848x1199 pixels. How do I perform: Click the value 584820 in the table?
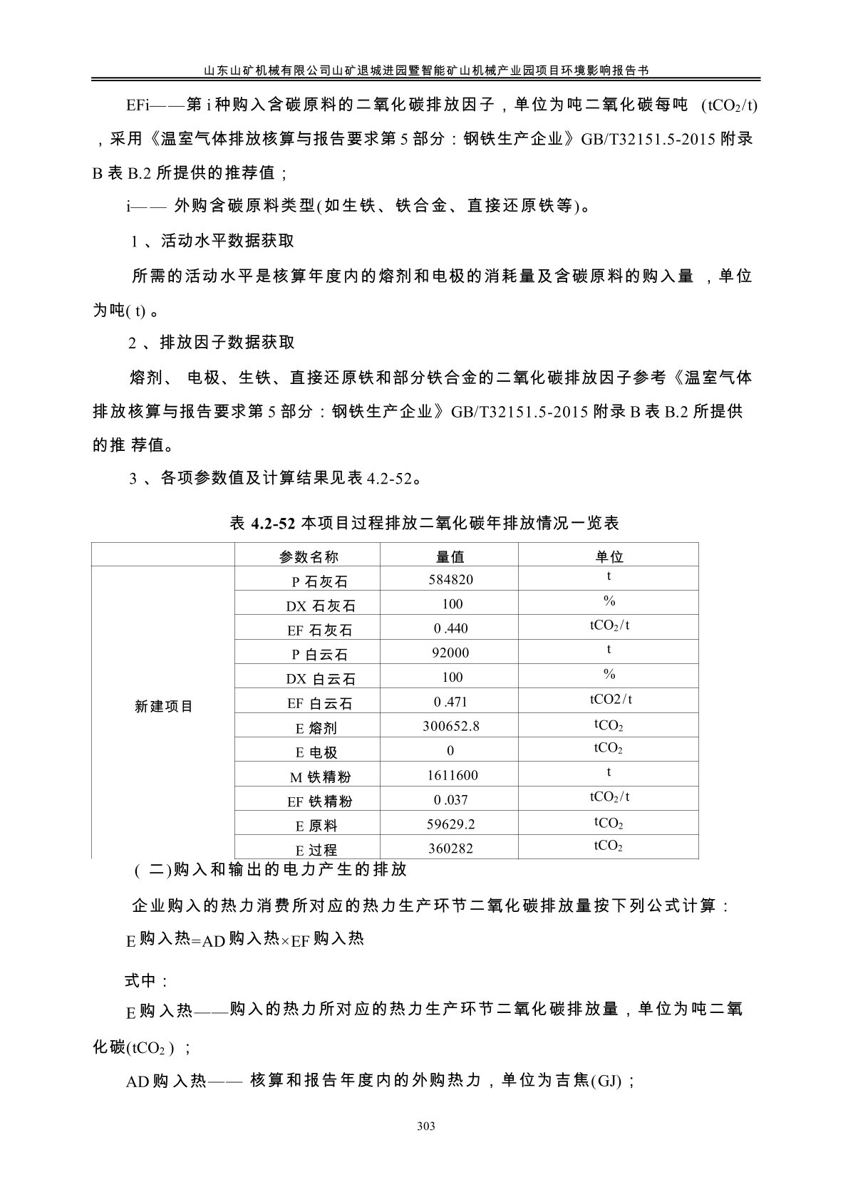tap(450, 580)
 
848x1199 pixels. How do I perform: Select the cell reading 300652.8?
tap(450, 726)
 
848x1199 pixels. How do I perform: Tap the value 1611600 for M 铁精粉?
tap(450, 775)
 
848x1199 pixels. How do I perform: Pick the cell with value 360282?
tap(450, 848)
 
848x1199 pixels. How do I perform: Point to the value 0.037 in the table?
tap(450, 800)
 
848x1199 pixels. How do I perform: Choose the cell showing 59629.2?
tap(450, 824)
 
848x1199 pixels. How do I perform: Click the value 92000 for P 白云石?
tap(450, 653)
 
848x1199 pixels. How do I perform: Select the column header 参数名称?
tap(309, 556)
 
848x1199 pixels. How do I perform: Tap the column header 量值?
tap(450, 556)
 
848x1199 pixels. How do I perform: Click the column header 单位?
tap(609, 556)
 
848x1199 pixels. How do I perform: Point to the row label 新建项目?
tap(164, 707)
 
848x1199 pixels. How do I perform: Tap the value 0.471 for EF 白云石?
tap(450, 702)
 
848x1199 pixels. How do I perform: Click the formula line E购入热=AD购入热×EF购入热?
tap(244, 940)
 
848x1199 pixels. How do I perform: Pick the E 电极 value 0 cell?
tap(450, 751)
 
